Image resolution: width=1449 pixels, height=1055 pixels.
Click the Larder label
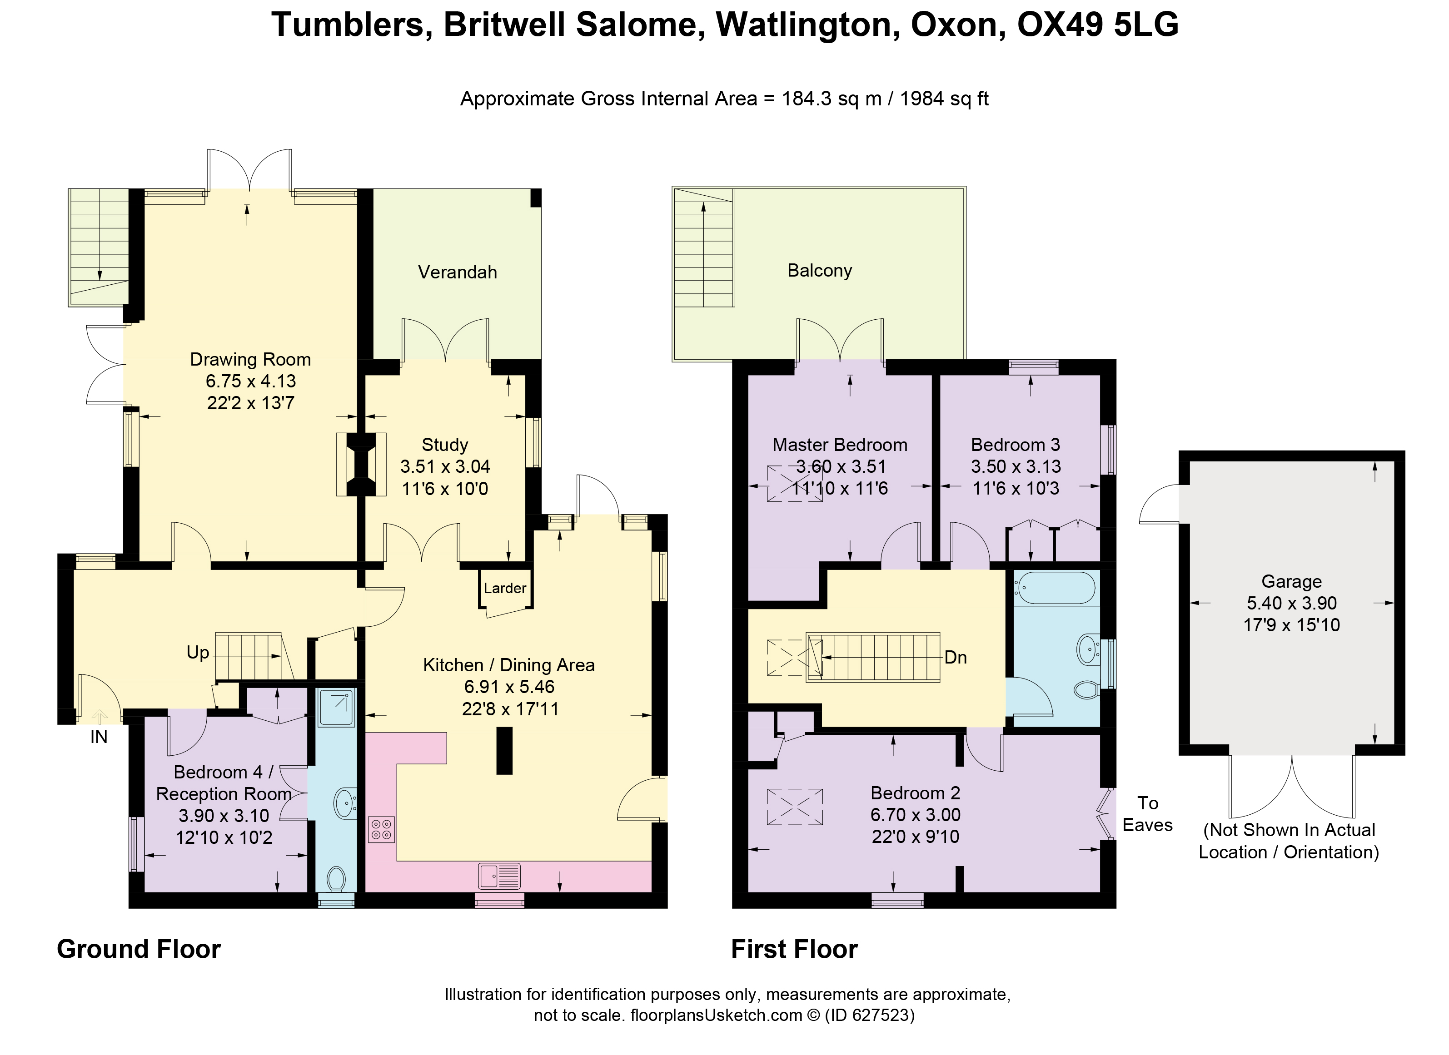click(505, 588)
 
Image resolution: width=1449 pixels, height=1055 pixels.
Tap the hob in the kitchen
click(381, 830)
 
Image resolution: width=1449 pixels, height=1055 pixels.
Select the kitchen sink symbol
click(499, 876)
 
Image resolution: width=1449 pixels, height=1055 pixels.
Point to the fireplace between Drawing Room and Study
click(361, 464)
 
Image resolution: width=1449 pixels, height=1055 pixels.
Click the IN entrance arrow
click(100, 717)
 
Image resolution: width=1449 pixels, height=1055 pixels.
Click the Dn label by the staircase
click(955, 657)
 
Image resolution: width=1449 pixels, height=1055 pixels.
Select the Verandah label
click(458, 272)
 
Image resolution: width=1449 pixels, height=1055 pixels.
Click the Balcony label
click(819, 270)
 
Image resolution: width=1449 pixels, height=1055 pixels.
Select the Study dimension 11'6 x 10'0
click(445, 489)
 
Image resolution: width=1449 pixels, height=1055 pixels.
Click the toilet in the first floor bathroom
click(1086, 690)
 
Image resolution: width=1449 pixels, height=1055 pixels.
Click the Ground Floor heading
click(139, 949)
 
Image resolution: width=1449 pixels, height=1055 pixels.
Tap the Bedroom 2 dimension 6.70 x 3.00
click(915, 814)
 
